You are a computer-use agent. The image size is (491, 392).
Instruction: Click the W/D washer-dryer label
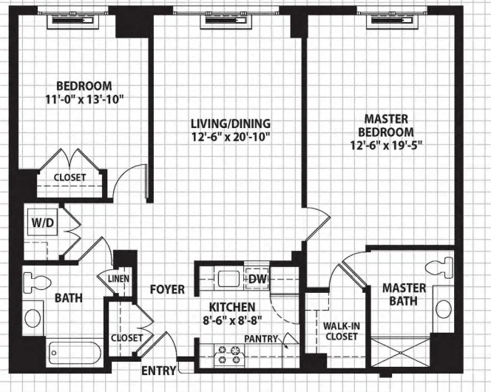tap(43, 223)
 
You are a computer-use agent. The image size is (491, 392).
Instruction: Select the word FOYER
tap(167, 289)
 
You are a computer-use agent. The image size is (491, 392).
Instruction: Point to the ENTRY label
tap(159, 371)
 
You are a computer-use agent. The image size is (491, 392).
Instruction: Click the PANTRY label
tap(261, 339)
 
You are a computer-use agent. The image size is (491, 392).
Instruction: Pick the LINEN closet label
tap(118, 278)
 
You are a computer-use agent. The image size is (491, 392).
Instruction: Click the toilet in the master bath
tap(440, 268)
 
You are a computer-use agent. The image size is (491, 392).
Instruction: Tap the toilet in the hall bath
tap(37, 282)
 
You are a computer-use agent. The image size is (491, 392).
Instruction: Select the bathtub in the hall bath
tap(75, 353)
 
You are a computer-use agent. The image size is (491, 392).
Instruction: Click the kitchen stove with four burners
tap(229, 355)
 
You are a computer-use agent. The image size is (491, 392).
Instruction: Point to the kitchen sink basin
tap(229, 279)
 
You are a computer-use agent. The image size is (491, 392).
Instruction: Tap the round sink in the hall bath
tap(33, 319)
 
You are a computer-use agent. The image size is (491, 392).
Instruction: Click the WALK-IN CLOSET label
tap(342, 331)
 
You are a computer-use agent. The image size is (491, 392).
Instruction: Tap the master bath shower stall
tap(401, 351)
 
